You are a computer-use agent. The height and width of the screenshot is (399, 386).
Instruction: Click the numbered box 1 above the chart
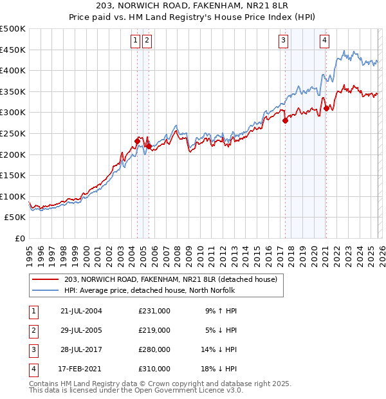(x=136, y=41)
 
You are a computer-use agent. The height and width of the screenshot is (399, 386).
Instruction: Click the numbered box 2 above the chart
(x=147, y=41)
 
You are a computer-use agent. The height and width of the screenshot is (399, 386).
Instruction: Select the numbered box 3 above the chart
(x=283, y=41)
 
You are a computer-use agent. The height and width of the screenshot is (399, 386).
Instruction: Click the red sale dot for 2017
(x=285, y=120)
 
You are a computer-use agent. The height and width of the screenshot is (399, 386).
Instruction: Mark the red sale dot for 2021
(x=326, y=108)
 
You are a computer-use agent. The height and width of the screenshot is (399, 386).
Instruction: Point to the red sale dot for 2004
(x=137, y=141)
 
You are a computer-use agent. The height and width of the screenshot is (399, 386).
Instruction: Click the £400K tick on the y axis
(x=14, y=70)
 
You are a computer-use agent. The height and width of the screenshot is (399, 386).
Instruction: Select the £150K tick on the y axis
(x=14, y=175)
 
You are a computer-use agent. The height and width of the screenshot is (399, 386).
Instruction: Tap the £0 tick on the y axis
(x=19, y=238)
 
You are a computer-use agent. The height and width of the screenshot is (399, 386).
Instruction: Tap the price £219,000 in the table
(x=154, y=330)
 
